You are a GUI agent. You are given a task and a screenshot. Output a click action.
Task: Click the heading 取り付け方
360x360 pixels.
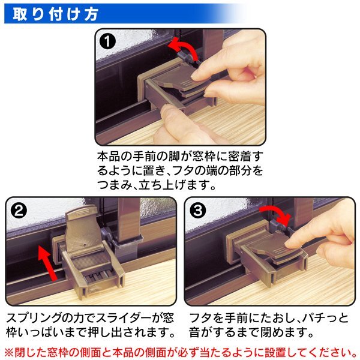(x=56, y=14)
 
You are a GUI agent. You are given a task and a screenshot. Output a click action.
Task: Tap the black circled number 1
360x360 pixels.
(x=107, y=41)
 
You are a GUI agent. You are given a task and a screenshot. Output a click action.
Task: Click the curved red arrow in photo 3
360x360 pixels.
(x=274, y=213)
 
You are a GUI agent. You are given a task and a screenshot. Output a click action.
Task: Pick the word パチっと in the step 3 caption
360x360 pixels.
(x=325, y=318)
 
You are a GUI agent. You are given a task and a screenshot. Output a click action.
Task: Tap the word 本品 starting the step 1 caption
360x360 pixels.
(x=109, y=157)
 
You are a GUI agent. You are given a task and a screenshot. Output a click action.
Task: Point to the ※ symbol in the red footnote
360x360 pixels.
(x=10, y=352)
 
